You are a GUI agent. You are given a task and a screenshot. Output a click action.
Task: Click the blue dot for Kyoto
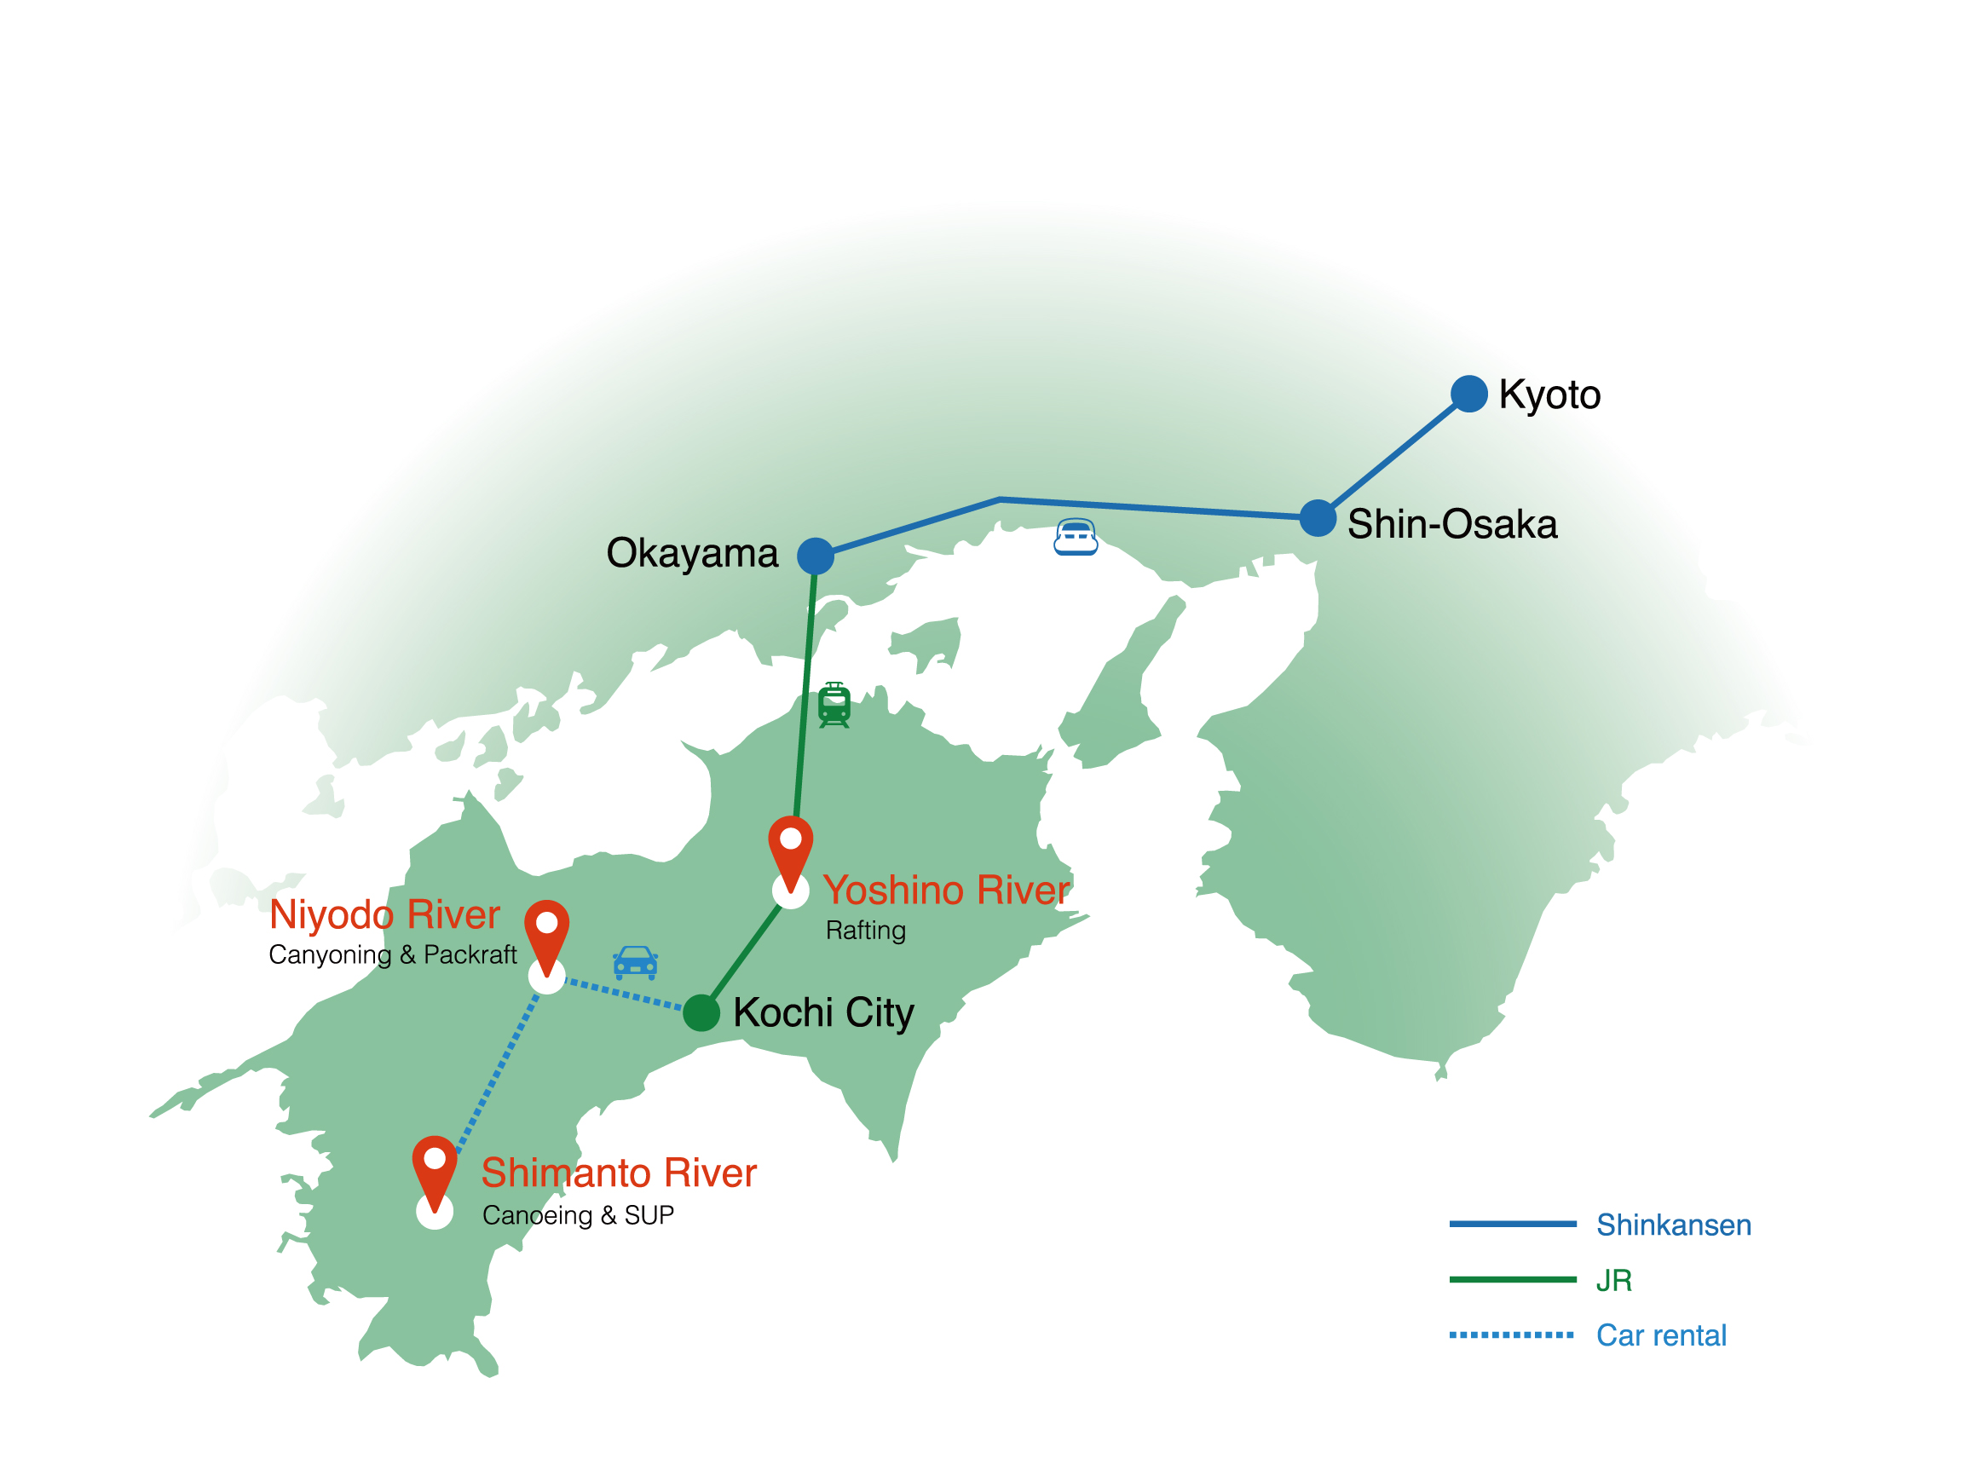point(1468,394)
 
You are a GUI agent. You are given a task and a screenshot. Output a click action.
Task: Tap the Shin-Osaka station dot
point(1317,518)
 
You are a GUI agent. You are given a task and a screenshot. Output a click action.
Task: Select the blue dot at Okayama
point(815,556)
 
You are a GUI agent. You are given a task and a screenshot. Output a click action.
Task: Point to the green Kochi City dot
point(701,1012)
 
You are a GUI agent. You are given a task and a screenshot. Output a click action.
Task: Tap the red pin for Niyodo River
point(546,932)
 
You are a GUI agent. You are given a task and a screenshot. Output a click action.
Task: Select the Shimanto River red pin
point(435,1168)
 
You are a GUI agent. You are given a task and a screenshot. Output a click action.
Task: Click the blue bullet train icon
point(1075,538)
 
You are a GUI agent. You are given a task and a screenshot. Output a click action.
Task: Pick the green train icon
point(834,705)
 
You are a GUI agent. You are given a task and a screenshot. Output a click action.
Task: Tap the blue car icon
point(636,962)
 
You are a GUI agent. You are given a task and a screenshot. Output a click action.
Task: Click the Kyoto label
point(1549,395)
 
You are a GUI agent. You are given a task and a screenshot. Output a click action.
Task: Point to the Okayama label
point(691,553)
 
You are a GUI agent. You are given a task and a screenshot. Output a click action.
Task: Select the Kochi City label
point(823,1013)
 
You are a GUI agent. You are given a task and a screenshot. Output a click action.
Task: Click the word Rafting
point(865,931)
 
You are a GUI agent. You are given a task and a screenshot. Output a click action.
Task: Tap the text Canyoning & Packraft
point(392,954)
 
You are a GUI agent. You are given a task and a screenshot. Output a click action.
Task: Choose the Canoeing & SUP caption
point(578,1215)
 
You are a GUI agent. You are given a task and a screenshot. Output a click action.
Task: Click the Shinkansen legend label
point(1673,1225)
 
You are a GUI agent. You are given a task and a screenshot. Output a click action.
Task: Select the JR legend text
point(1612,1281)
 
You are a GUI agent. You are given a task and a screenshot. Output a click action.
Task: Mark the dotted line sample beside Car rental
point(1511,1335)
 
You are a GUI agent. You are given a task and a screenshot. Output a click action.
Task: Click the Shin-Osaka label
point(1451,524)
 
